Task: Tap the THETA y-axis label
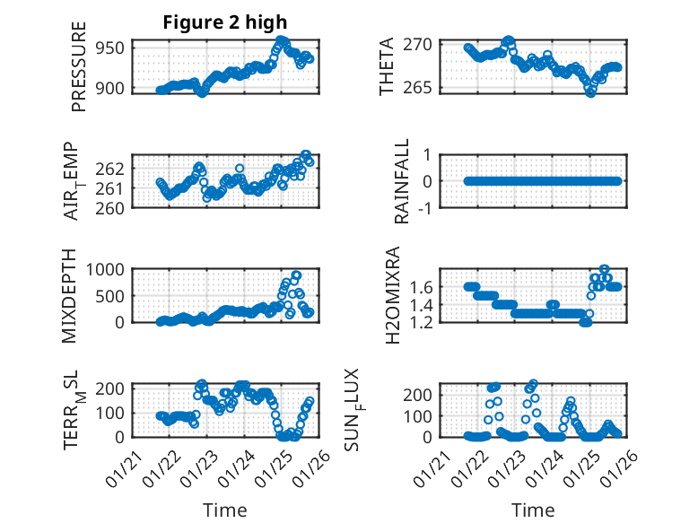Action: [x=386, y=68]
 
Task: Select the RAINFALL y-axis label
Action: [x=403, y=180]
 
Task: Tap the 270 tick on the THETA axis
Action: [x=423, y=44]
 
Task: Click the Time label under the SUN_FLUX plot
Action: [x=533, y=510]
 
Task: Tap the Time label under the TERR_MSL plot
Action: [x=224, y=510]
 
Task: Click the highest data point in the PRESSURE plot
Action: [x=282, y=40]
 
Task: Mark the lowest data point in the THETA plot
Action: [x=590, y=92]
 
